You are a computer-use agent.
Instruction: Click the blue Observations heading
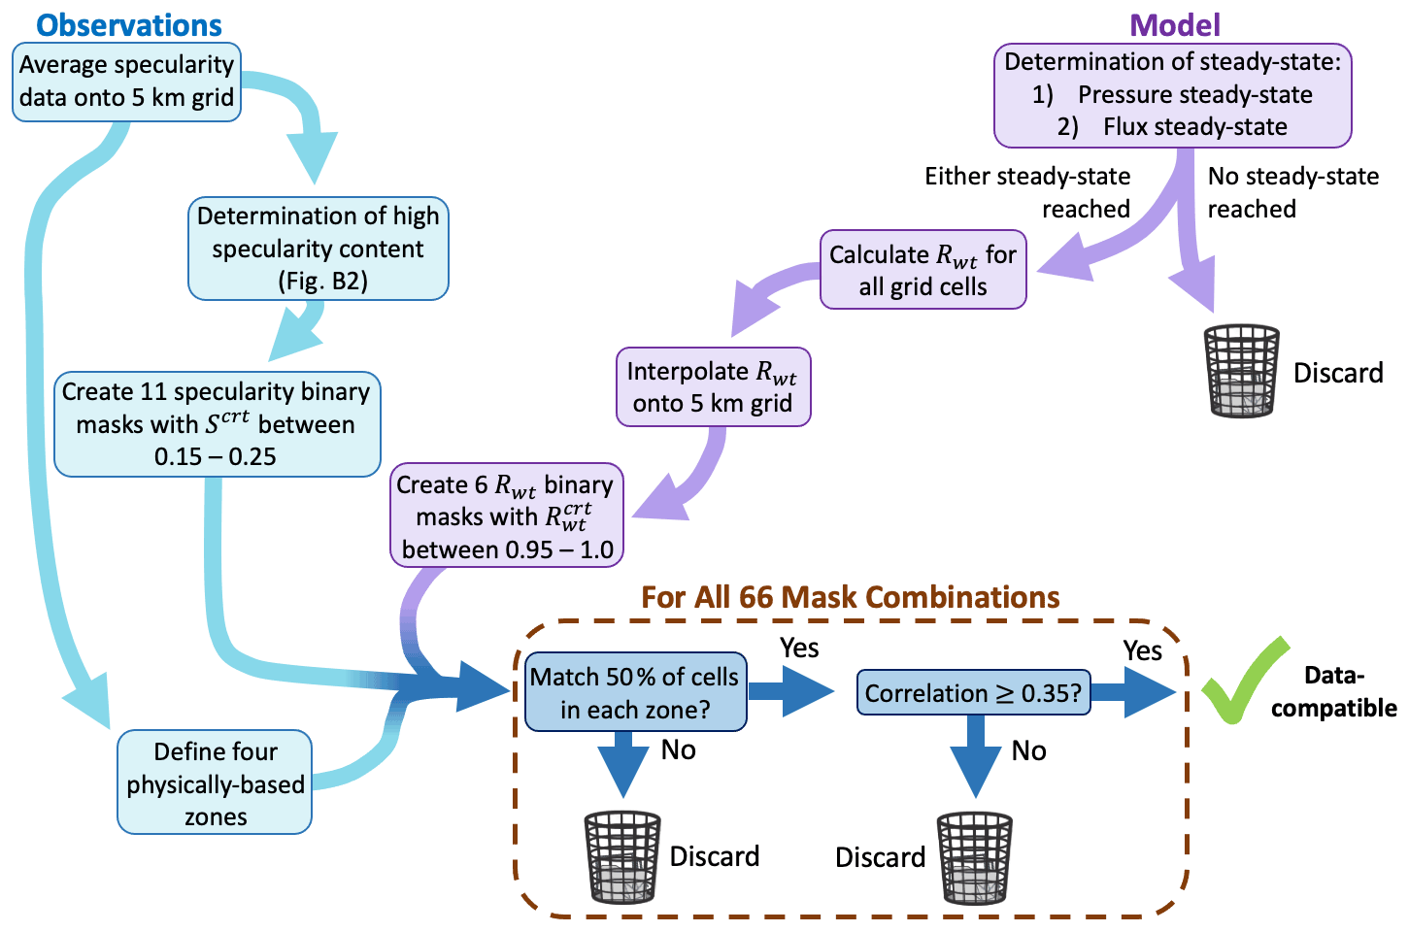(x=129, y=24)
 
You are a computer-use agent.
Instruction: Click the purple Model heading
(x=1176, y=24)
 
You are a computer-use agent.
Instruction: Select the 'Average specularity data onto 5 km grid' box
(x=126, y=82)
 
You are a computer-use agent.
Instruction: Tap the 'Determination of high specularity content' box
(x=318, y=249)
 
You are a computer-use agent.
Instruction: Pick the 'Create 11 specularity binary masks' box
(x=217, y=424)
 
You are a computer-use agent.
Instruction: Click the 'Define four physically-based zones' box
(x=215, y=783)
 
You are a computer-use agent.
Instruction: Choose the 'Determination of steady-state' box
(x=1172, y=95)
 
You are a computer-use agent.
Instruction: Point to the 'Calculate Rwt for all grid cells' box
(x=923, y=270)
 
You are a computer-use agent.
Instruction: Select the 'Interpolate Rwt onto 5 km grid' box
(x=713, y=387)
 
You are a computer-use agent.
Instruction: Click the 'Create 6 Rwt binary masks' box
(x=506, y=516)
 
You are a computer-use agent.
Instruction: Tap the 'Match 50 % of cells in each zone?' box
(x=635, y=692)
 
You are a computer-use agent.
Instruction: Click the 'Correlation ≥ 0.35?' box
(x=973, y=693)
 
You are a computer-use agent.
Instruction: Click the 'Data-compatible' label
(x=1334, y=691)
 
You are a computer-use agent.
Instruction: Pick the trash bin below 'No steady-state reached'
(x=1241, y=371)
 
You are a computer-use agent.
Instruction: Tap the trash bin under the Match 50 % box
(x=622, y=856)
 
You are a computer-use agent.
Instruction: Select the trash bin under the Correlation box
(x=974, y=857)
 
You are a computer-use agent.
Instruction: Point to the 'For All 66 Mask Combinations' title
(x=850, y=597)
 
